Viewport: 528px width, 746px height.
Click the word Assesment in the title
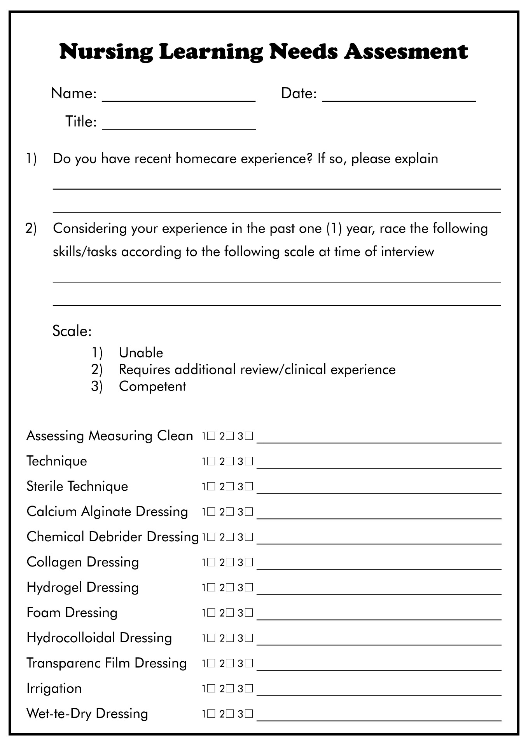click(x=406, y=52)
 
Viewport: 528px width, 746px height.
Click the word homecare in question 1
click(x=207, y=159)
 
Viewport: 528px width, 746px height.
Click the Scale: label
click(x=72, y=331)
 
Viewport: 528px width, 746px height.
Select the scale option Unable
click(x=141, y=353)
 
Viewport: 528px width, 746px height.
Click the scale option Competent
click(x=152, y=386)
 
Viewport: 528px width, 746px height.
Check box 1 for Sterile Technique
click(x=211, y=486)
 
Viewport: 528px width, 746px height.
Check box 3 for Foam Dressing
click(x=249, y=613)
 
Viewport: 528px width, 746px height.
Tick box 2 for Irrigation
click(x=230, y=688)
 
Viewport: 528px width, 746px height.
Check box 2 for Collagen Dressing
click(x=230, y=562)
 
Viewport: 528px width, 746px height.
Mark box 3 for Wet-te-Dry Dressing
click(x=249, y=714)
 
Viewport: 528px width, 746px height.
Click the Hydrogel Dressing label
click(x=82, y=587)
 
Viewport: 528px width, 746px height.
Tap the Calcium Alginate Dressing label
click(x=107, y=511)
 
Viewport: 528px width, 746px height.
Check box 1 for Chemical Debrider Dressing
click(x=211, y=537)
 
